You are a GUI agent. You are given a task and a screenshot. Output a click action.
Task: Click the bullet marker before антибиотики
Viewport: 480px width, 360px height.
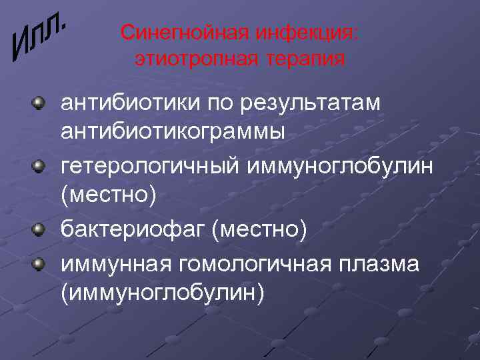(41, 103)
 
